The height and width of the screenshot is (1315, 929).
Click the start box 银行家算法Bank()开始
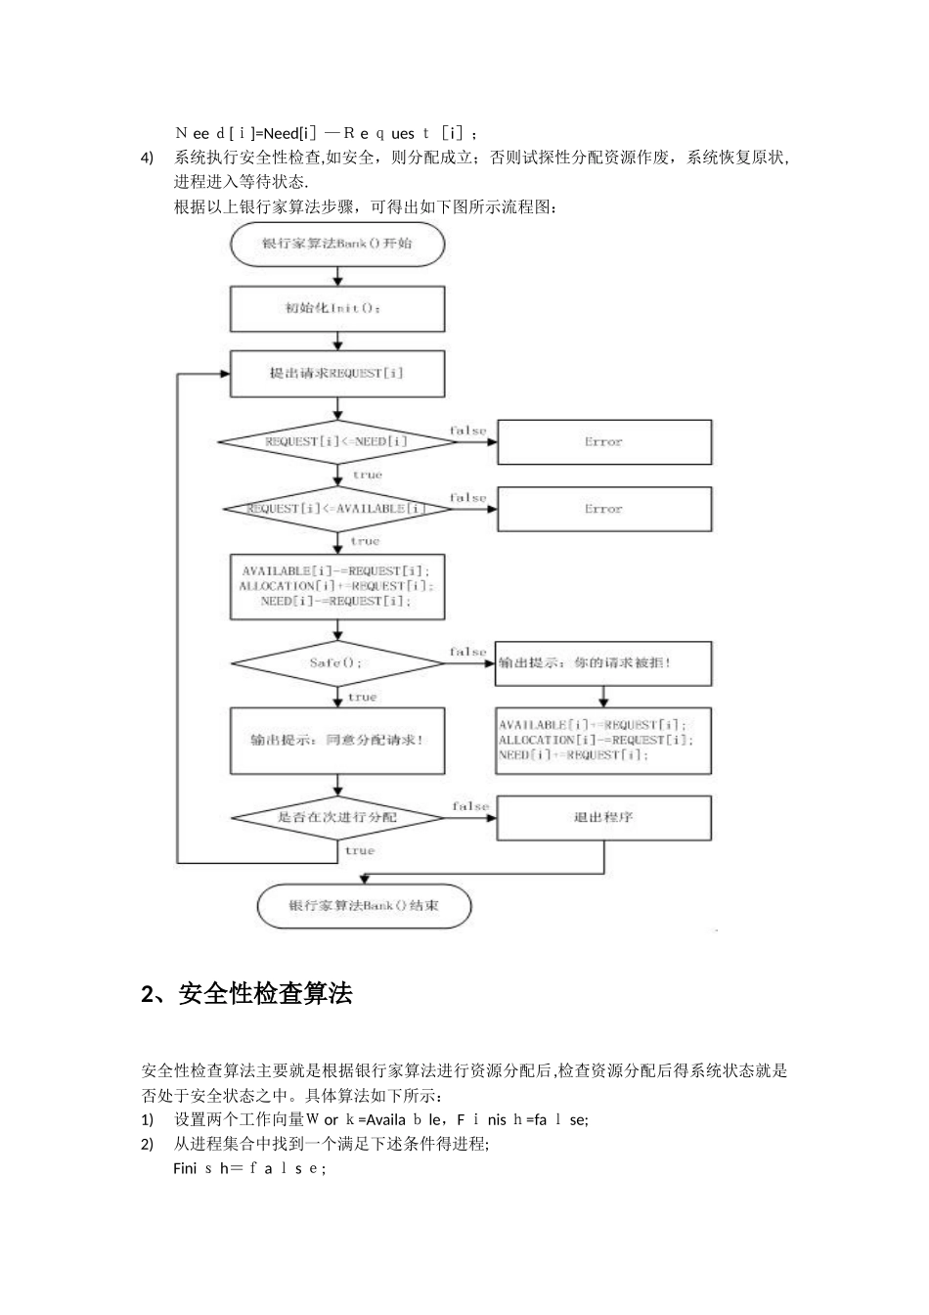[337, 244]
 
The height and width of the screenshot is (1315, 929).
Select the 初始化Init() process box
[337, 308]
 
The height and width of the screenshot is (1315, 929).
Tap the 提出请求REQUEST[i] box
[337, 373]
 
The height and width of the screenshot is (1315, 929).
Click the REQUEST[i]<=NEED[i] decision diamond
[337, 441]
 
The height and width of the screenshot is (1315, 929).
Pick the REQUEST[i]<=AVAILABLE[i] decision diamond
[337, 509]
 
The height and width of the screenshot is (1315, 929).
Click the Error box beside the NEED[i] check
[604, 442]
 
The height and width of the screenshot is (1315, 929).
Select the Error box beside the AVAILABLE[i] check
[604, 510]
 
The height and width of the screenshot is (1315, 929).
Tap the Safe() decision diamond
[337, 662]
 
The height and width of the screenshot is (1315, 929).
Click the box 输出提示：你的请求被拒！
[604, 663]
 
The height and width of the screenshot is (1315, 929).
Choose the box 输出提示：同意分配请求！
[337, 741]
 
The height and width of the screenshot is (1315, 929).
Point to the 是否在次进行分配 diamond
[337, 817]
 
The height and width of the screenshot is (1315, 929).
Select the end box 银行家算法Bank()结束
[364, 906]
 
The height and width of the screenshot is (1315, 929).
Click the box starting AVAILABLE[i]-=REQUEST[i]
[337, 586]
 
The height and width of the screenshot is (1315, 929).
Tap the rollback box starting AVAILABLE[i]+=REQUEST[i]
[604, 741]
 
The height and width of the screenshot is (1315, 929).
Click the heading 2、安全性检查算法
[246, 994]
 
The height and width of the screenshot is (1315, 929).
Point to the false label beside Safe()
[468, 652]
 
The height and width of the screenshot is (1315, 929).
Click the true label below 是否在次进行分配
[360, 851]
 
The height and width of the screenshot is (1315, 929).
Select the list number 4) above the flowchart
[148, 158]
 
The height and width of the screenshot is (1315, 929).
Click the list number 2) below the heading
[148, 1144]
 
